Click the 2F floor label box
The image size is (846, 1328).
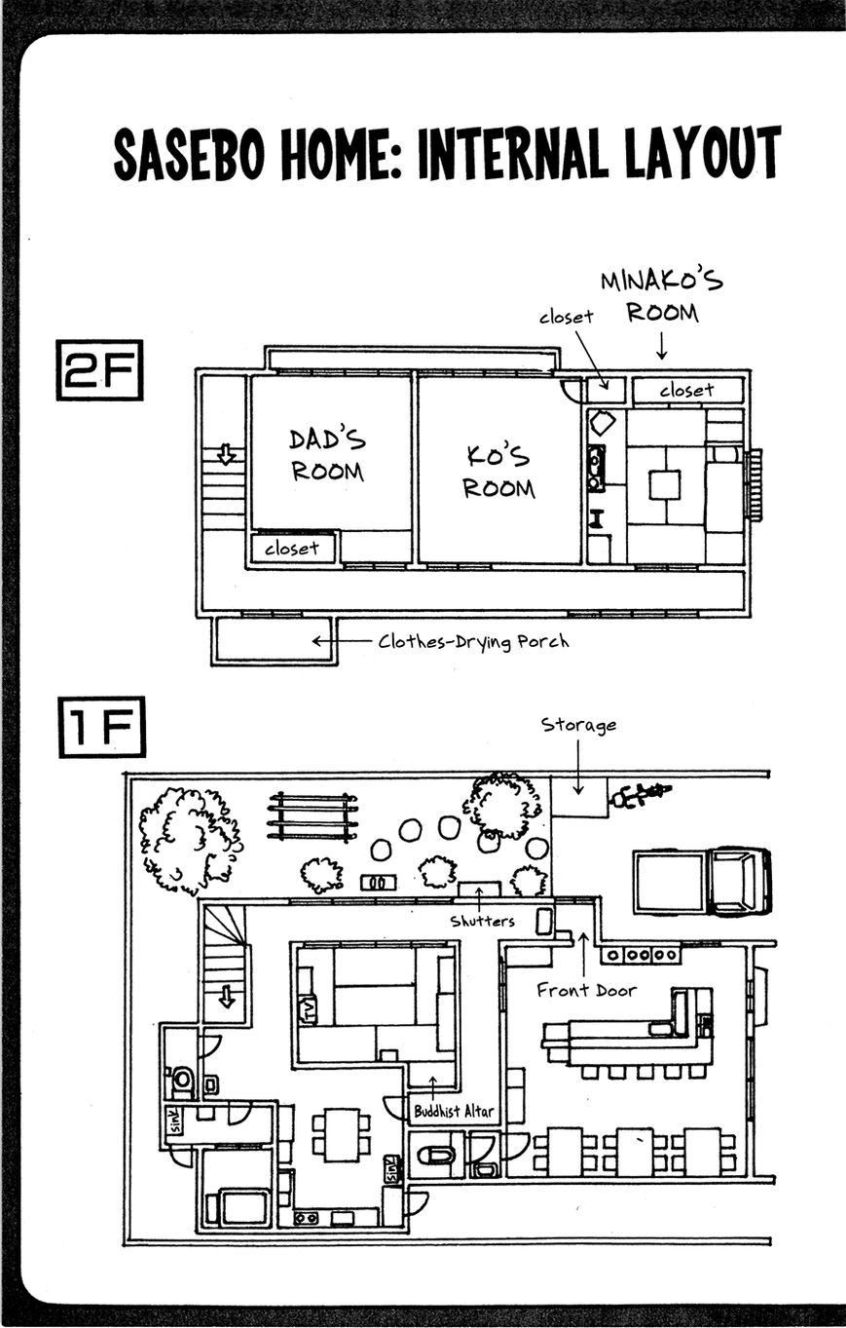click(99, 370)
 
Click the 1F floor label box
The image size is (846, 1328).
click(102, 727)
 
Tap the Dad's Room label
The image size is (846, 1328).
click(327, 455)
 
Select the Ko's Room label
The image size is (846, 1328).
click(498, 472)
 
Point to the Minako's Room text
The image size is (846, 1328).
click(662, 296)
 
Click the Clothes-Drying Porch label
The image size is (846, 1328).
click(473, 642)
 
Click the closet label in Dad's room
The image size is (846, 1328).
click(291, 549)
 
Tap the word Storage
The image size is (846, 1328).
click(578, 726)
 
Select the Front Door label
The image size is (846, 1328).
click(586, 991)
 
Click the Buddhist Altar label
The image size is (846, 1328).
click(454, 1111)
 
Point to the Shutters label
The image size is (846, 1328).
click(482, 921)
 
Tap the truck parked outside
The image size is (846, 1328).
click(702, 883)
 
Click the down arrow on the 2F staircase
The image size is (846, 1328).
click(226, 455)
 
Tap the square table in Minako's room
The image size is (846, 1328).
click(665, 484)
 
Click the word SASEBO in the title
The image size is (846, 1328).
click(189, 156)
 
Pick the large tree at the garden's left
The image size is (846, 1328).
click(190, 841)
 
